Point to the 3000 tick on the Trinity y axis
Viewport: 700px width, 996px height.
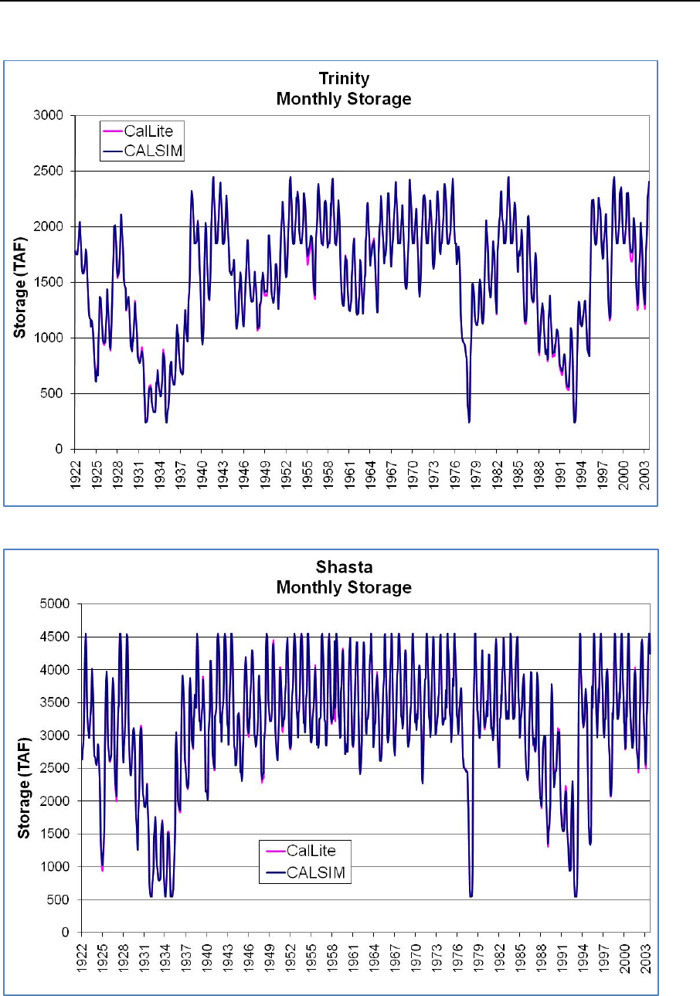click(x=53, y=116)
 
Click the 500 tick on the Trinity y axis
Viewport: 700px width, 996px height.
click(x=58, y=394)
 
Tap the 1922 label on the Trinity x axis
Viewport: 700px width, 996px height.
click(x=76, y=468)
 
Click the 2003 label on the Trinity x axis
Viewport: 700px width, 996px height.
click(x=644, y=468)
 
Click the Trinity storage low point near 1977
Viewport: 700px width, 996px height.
click(x=469, y=422)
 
